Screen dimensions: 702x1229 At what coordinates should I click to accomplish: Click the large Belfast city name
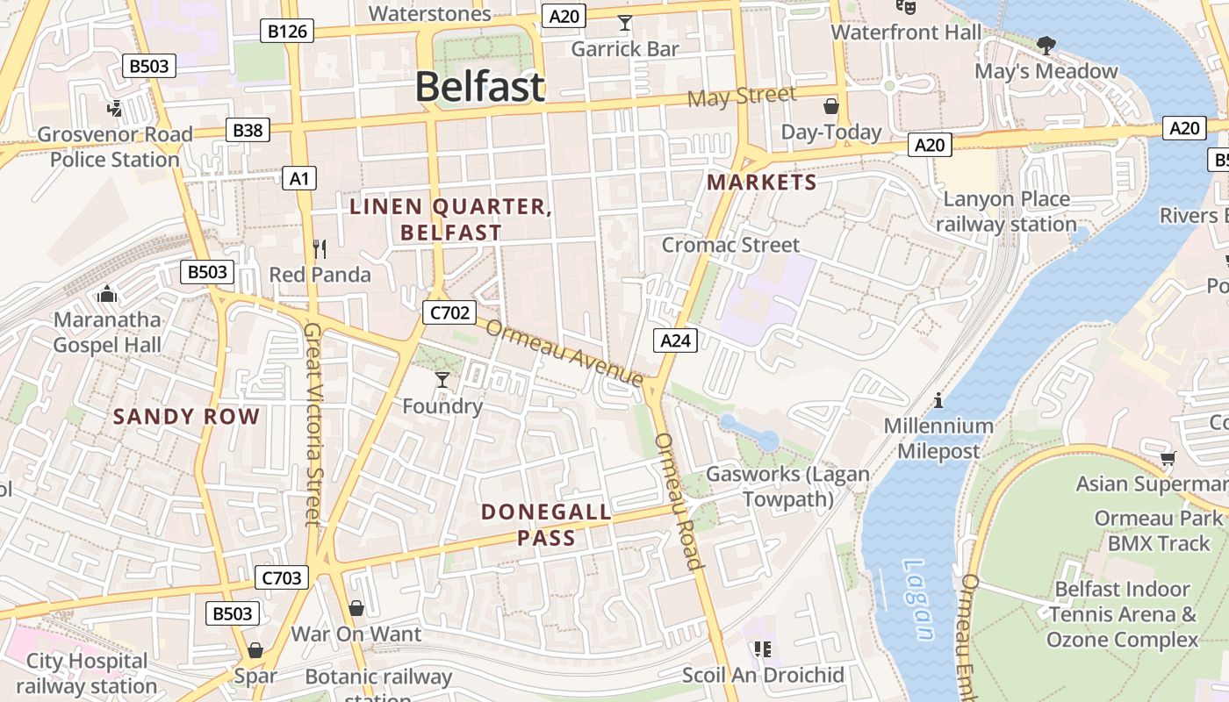click(479, 87)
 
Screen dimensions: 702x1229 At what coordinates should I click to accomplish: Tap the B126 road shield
click(287, 32)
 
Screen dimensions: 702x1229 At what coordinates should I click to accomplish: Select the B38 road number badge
click(247, 131)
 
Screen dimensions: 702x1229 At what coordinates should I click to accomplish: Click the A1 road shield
click(299, 179)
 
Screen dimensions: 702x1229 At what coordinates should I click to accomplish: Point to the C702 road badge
click(449, 312)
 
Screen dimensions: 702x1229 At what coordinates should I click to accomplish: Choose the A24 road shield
click(675, 340)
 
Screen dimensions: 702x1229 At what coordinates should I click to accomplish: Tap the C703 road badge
click(282, 577)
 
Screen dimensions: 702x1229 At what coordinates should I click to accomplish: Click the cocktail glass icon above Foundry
click(442, 379)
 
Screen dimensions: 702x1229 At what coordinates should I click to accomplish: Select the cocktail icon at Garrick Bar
click(624, 23)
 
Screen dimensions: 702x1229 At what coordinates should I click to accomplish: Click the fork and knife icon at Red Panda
click(320, 249)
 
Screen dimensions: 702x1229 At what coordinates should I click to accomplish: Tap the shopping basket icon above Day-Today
click(830, 107)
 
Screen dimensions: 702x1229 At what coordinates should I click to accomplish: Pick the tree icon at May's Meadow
click(1046, 45)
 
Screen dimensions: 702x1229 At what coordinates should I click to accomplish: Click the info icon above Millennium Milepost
click(938, 401)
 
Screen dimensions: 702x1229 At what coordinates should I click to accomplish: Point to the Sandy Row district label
click(187, 417)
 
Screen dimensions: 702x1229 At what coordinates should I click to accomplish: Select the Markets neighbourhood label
click(761, 183)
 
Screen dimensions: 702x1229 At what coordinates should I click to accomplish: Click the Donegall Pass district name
click(546, 525)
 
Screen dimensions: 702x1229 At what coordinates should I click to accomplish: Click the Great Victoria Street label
click(313, 424)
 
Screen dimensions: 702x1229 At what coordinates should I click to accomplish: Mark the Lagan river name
click(917, 601)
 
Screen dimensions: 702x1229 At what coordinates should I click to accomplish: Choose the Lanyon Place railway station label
click(1006, 211)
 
